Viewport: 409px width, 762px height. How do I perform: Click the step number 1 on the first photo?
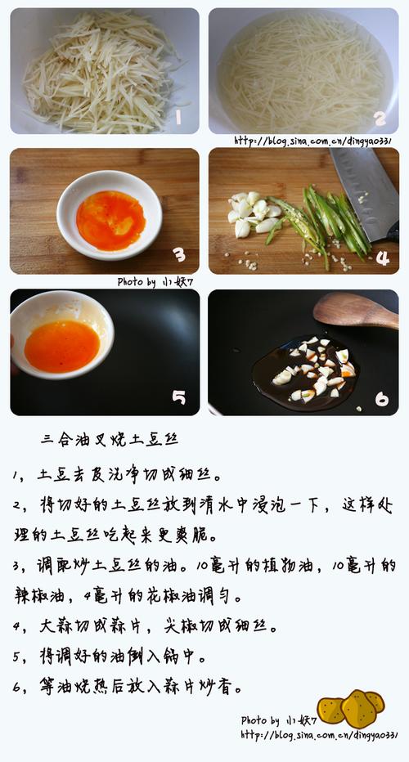178,117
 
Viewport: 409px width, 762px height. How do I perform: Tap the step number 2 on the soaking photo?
380,118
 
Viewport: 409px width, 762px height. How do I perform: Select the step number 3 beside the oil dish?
179,253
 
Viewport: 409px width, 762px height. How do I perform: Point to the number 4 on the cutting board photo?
382,258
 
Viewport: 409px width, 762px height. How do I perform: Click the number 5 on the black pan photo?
178,397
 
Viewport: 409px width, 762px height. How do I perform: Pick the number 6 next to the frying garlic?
382,399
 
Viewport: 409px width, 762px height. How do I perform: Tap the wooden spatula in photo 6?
356,311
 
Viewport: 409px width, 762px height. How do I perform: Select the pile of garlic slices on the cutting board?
254,213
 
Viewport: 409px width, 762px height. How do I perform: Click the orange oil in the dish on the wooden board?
111,220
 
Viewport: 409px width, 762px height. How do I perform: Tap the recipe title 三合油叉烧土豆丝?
110,440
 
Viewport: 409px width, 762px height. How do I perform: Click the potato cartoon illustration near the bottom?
351,708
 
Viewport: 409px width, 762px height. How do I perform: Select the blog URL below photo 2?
313,141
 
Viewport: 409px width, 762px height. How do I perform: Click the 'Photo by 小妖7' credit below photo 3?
155,282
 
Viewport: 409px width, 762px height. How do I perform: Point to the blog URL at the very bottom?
319,735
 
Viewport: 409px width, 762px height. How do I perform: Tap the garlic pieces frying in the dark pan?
316,370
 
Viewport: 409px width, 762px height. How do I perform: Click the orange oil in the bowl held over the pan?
62,346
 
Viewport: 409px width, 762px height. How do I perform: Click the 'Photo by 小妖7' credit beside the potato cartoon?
279,720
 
